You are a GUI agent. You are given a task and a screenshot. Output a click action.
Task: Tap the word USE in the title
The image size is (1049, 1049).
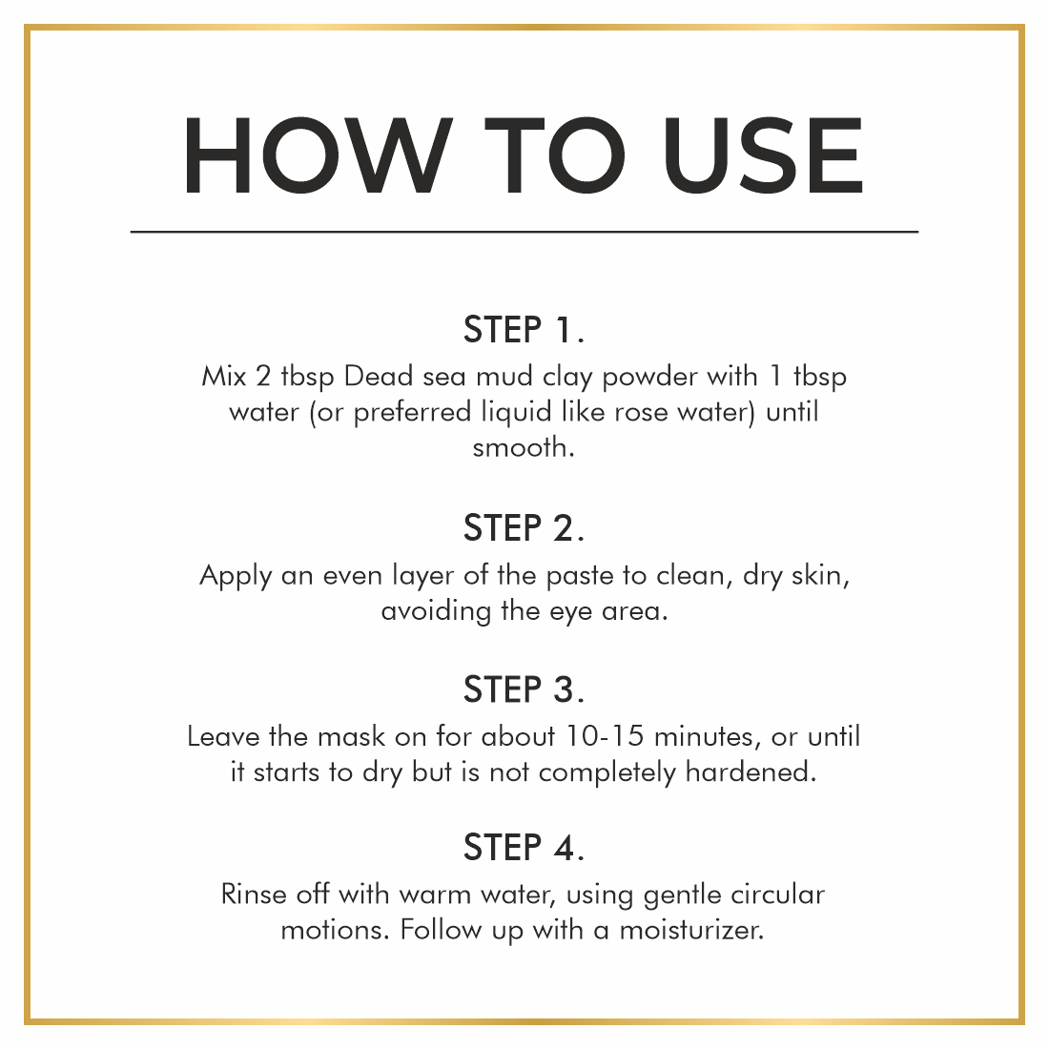[763, 155]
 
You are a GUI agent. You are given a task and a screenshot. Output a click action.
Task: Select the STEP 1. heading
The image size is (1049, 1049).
[524, 330]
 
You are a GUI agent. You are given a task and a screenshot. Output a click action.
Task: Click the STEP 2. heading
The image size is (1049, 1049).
[524, 528]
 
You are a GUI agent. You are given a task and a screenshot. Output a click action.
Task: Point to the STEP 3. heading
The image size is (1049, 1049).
[524, 689]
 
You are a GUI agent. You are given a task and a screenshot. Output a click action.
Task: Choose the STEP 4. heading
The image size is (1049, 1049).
[524, 848]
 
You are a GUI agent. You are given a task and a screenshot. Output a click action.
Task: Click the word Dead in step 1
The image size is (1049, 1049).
[378, 376]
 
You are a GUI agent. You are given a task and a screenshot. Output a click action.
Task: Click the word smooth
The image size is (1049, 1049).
[524, 447]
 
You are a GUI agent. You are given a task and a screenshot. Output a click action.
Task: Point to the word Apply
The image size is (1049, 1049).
[236, 577]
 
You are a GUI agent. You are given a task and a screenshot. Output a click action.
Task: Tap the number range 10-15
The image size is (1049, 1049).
[605, 736]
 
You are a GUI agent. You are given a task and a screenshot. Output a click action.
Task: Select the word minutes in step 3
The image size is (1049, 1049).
[708, 737]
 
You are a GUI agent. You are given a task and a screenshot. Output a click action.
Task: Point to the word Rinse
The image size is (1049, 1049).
[254, 895]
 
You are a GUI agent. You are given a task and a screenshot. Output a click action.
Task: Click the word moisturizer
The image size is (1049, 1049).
[691, 930]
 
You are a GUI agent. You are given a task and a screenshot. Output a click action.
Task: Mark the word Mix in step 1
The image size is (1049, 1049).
[224, 376]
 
